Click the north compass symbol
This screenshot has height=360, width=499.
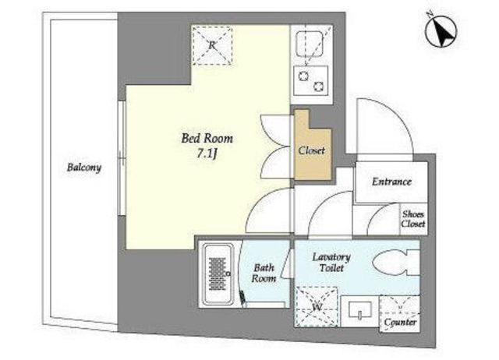coord(441,31)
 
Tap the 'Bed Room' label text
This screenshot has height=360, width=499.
coord(207,139)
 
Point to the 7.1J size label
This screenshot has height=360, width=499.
coord(207,154)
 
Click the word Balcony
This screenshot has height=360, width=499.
coord(84,168)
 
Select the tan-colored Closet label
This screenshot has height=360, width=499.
coord(312,150)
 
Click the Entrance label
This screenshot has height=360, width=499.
coord(391,182)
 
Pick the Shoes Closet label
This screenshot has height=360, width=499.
coord(413,219)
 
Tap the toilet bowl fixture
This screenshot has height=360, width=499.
coord(395,263)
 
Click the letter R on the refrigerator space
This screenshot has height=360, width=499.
coord(212,45)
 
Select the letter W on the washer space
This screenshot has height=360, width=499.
coord(317,307)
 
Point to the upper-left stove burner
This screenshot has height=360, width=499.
coord(303,76)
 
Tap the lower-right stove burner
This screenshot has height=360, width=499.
coord(319,86)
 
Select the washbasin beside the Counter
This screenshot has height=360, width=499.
coord(360,310)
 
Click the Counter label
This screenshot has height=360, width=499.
coord(400,323)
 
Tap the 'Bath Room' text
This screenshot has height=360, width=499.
coord(264,274)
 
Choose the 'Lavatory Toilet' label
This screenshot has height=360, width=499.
coord(331,262)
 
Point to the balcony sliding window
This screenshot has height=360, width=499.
coord(122,158)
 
